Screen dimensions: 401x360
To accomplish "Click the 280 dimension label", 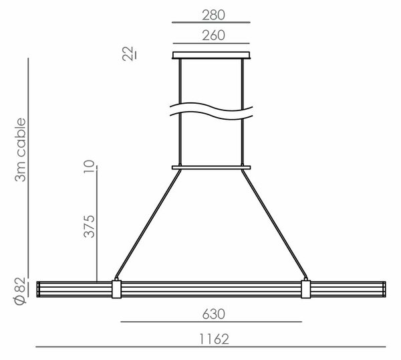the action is [214, 15].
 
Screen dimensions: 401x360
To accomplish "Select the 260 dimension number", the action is [214, 35].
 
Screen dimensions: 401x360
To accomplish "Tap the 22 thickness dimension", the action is [128, 54].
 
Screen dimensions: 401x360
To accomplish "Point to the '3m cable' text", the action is [20, 150].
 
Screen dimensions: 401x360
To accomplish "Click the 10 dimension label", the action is [89, 167].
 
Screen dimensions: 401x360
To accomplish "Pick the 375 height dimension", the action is [89, 226].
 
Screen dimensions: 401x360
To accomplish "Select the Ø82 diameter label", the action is [20, 291].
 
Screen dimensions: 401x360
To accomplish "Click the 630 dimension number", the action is [214, 314].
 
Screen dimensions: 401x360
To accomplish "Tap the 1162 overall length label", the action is [214, 339].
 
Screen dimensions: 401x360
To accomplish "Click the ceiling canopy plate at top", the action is [211, 56].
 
